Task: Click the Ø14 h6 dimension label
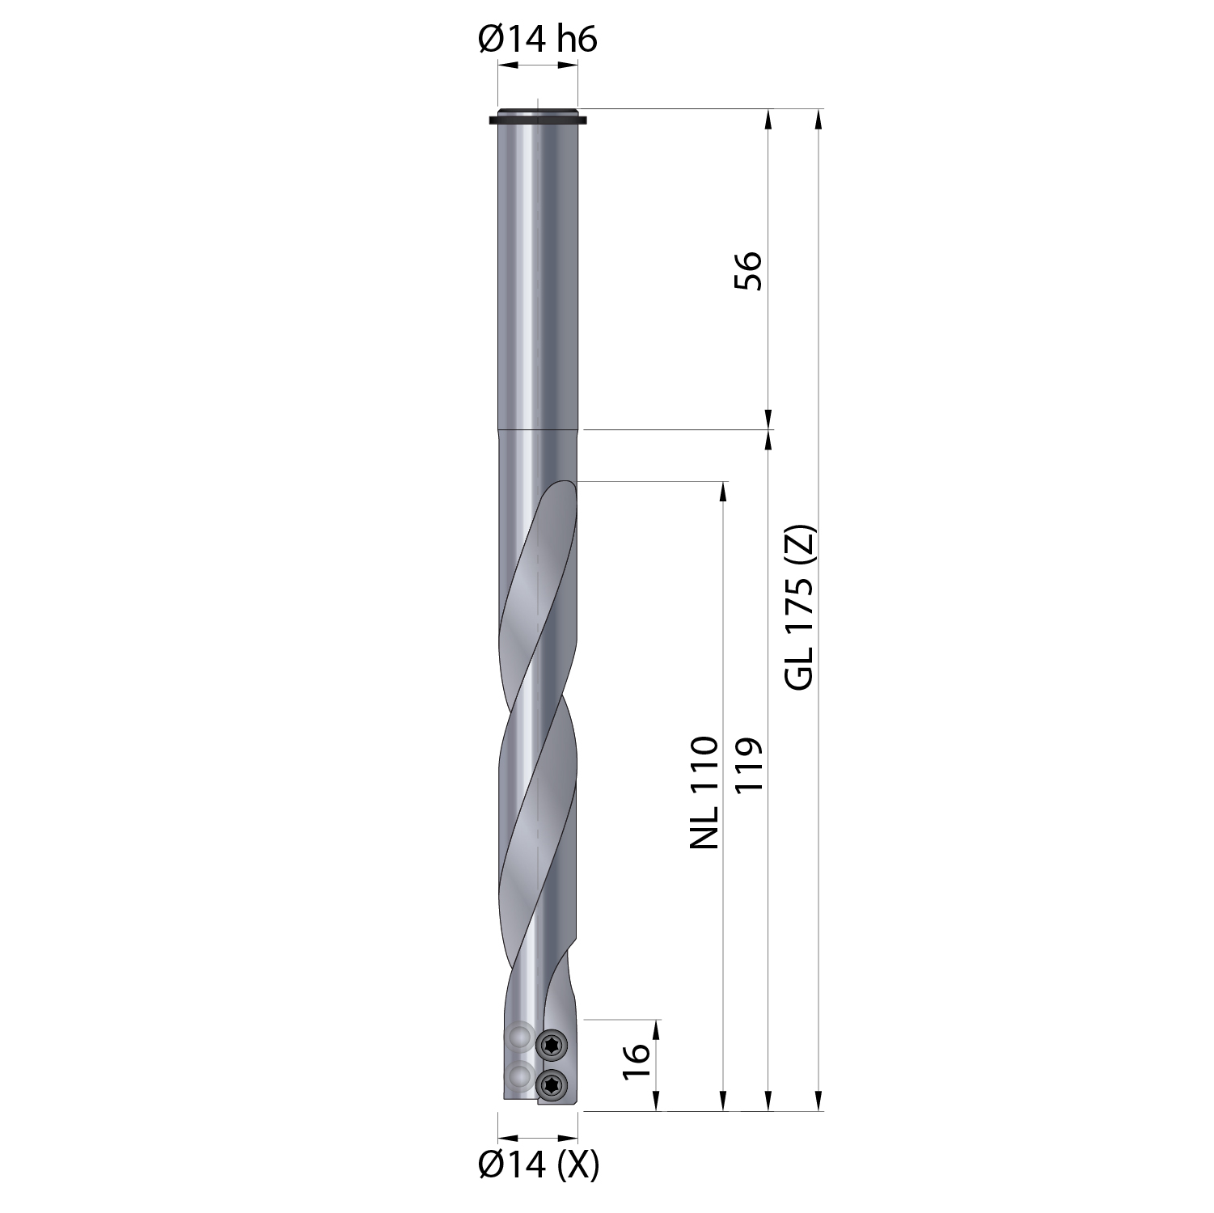click(538, 38)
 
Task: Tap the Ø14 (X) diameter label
click(539, 1164)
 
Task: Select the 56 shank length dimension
click(748, 271)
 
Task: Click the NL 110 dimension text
click(704, 792)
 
